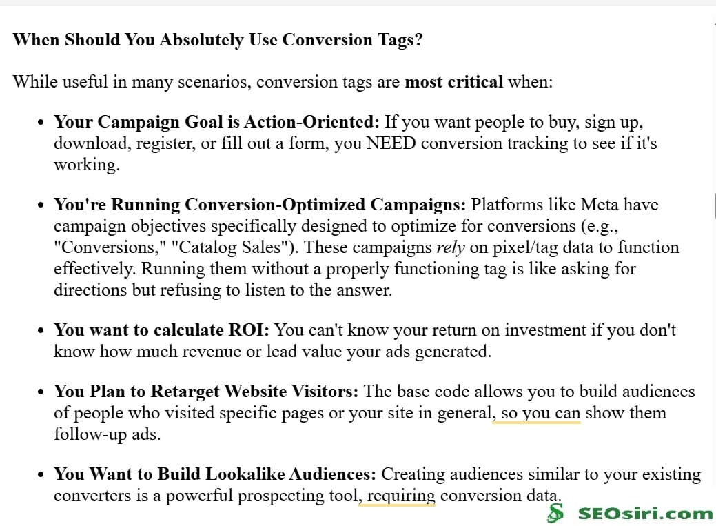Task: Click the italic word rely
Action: (451, 247)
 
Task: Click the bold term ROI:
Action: (248, 330)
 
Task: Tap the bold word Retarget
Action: (184, 392)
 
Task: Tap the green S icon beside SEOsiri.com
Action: (555, 513)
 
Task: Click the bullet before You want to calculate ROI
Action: (41, 331)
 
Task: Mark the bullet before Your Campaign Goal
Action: (41, 123)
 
